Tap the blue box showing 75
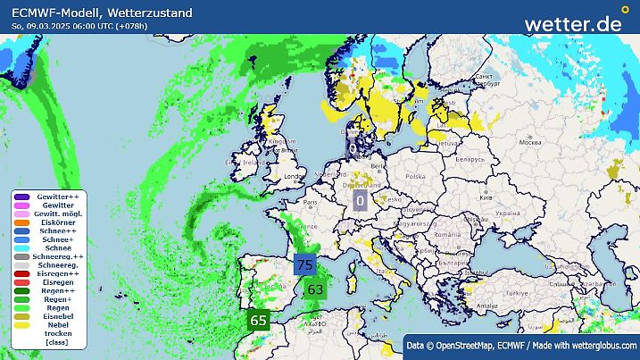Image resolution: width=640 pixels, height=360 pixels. [304, 264]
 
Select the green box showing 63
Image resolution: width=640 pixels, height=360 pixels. [314, 289]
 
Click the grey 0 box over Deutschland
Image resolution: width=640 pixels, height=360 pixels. [360, 201]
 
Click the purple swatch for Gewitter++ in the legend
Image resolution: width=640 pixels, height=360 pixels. [22, 197]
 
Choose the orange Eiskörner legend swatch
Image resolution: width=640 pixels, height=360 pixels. [22, 222]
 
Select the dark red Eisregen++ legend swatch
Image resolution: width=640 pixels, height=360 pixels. [22, 273]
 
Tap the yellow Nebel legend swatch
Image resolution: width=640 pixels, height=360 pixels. [22, 324]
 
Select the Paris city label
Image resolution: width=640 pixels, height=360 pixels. [312, 203]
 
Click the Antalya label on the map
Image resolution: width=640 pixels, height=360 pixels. [486, 305]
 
